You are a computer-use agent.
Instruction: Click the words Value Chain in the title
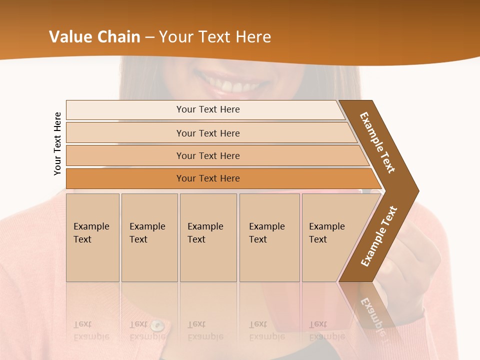[x=94, y=37]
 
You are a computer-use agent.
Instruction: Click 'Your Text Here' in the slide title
[x=215, y=37]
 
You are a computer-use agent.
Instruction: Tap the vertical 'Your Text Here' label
[x=57, y=143]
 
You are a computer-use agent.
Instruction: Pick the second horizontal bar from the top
[x=207, y=133]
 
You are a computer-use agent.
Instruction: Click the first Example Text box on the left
[x=92, y=237]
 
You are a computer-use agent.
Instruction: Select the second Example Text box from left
[x=149, y=237]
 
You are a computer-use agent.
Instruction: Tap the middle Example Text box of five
[x=208, y=237]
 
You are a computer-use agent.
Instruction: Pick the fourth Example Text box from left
[x=269, y=237]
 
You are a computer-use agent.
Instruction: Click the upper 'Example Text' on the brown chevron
[x=377, y=142]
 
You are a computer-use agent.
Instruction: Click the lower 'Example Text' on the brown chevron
[x=379, y=236]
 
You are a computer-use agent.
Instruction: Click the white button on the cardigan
[x=157, y=326]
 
